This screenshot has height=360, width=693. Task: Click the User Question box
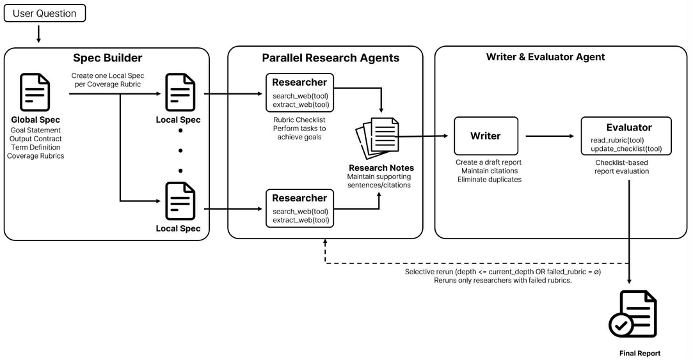pos(45,13)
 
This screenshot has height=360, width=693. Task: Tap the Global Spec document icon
pos(35,92)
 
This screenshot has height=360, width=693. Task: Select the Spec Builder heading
pos(108,58)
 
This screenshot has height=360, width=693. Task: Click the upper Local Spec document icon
pos(180,92)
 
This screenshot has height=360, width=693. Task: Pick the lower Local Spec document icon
pos(180,201)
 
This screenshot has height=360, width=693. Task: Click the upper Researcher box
pos(299,92)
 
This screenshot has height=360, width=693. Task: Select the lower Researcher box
pos(299,208)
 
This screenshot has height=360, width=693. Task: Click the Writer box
pos(486,136)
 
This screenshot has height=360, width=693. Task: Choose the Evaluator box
pos(626,136)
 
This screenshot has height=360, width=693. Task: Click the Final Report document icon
pos(633,314)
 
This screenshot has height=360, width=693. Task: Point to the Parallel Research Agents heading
pos(331,58)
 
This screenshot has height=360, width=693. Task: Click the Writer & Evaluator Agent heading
pos(545,57)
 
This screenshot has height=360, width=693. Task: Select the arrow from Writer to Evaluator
pos(550,136)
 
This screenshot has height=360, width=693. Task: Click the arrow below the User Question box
pos(38,34)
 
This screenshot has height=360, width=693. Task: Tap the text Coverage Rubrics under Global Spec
pos(35,156)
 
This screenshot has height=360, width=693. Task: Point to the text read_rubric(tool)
pos(617,140)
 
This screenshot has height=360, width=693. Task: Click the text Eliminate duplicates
pos(490,179)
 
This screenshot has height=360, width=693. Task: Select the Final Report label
pos(640,354)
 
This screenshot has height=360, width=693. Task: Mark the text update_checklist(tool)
pos(626,149)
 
